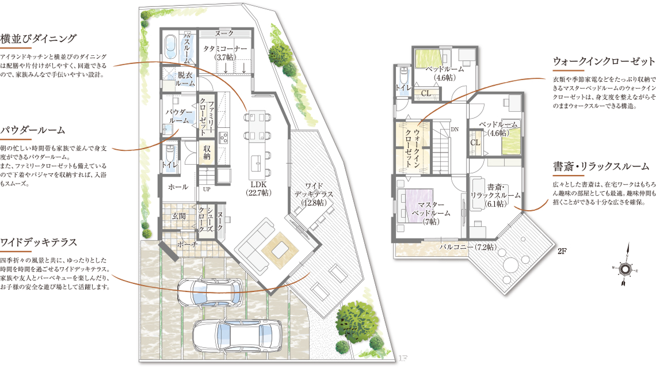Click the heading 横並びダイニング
pyautogui.click(x=39, y=39)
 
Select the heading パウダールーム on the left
pyautogui.click(x=33, y=130)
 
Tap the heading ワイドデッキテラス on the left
pyautogui.click(x=39, y=242)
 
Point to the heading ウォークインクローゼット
pyautogui.click(x=604, y=62)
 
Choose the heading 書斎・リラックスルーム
pyautogui.click(x=601, y=166)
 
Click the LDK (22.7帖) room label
pyautogui.click(x=258, y=189)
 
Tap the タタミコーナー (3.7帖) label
pyautogui.click(x=225, y=53)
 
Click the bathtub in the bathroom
pyautogui.click(x=170, y=48)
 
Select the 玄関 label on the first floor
pyautogui.click(x=178, y=217)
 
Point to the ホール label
pyautogui.click(x=178, y=187)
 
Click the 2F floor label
pyautogui.click(x=562, y=252)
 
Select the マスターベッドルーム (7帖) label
pyautogui.click(x=431, y=213)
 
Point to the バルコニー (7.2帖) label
pyautogui.click(x=468, y=247)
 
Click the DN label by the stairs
pyautogui.click(x=455, y=130)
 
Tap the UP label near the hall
pyautogui.click(x=207, y=189)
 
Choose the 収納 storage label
pyautogui.click(x=207, y=153)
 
